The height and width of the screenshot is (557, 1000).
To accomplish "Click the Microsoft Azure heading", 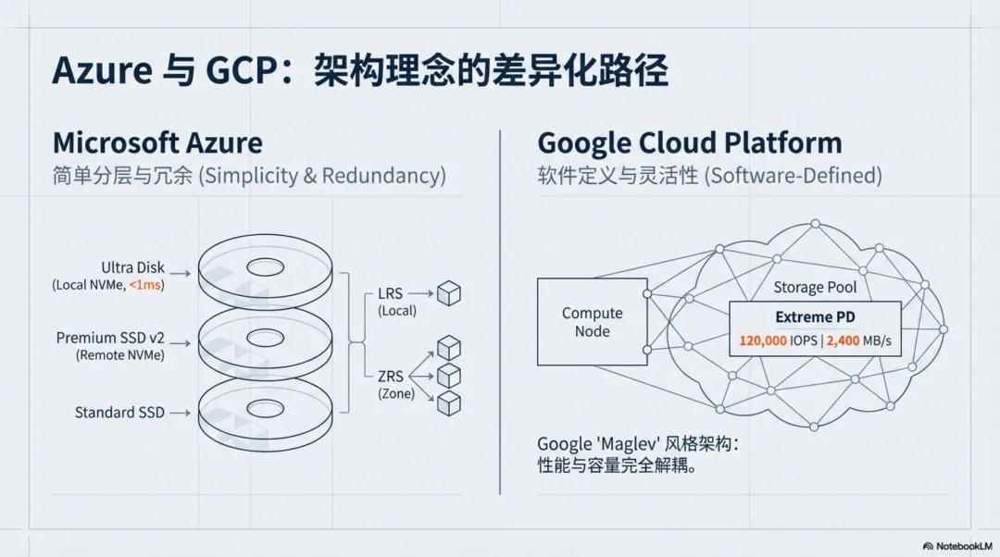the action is (x=157, y=142).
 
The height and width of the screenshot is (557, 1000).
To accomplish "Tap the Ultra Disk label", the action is (x=132, y=267).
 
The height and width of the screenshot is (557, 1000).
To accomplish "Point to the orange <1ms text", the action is (x=144, y=285).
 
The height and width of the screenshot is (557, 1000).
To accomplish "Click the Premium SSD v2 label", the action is (x=110, y=338).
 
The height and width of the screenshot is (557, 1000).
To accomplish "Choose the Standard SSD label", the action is (x=119, y=413).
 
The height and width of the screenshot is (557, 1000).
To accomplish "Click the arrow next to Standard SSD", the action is (x=180, y=413).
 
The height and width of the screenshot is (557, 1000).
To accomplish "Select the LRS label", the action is (x=391, y=294).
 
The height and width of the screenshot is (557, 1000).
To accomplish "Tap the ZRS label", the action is (x=391, y=377).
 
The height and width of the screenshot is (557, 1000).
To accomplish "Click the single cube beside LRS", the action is (x=449, y=293).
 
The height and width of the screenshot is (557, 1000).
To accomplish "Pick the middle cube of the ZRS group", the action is (x=449, y=376).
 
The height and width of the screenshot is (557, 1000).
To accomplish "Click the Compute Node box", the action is (x=593, y=322).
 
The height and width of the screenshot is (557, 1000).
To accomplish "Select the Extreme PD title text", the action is (x=815, y=316).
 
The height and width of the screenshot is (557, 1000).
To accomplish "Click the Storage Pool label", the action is (x=815, y=288).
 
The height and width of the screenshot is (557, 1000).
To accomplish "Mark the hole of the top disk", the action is (x=266, y=267).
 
